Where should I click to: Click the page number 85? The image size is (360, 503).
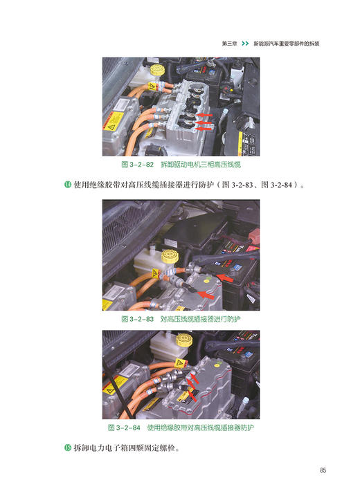point(323,471)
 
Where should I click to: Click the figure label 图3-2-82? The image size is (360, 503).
point(137,165)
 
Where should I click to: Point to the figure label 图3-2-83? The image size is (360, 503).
point(137,320)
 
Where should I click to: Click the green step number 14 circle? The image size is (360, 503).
point(67,185)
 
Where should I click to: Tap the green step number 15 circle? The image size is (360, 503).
point(67,448)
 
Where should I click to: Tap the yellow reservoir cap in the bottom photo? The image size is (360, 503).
point(185,341)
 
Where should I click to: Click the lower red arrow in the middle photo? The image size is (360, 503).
point(206,295)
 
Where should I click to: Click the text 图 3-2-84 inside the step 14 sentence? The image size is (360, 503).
point(275,185)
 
